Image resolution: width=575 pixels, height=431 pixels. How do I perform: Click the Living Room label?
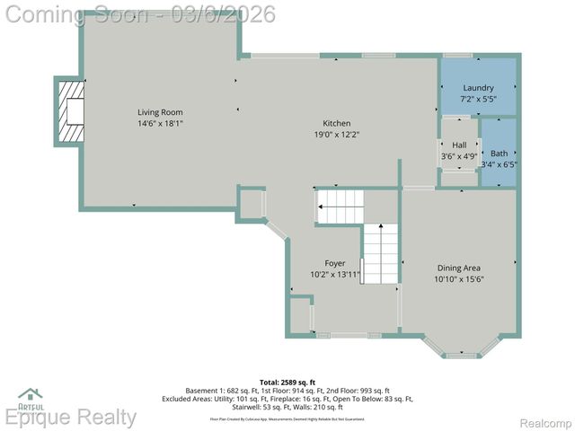[160, 112]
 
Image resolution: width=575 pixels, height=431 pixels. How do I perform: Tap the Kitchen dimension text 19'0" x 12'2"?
[337, 135]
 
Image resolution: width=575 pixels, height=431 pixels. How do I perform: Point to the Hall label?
[459, 145]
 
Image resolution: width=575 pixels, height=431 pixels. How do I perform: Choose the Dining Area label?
[458, 268]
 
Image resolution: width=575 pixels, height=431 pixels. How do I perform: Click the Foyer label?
[335, 263]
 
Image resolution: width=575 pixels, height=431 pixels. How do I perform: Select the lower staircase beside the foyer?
[380, 254]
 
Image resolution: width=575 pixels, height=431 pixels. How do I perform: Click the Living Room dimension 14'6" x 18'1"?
[160, 124]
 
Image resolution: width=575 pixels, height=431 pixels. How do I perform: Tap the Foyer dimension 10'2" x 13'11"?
[335, 275]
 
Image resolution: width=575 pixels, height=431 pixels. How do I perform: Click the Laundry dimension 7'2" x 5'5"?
[478, 98]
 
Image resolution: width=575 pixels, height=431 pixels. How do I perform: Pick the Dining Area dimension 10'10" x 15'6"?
[458, 279]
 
